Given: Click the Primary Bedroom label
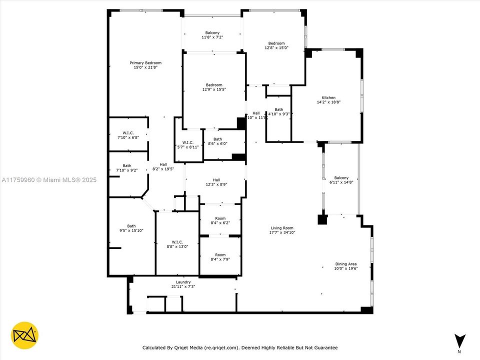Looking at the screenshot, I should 145,63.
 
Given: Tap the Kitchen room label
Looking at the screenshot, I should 328,97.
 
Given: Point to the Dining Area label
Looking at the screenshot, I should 345,264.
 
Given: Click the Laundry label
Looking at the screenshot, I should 183,282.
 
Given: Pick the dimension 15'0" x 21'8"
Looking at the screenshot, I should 145,67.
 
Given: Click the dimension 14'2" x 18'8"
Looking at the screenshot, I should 328,102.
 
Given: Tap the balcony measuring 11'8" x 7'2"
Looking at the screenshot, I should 212,35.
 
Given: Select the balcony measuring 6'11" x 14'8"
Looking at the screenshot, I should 341,180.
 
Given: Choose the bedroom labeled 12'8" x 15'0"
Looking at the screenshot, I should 276,45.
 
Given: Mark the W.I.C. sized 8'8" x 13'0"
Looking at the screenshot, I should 177,243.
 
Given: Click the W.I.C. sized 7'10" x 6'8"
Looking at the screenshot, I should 127,135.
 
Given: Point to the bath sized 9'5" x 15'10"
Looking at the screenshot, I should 131,228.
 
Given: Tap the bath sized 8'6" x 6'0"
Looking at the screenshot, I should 217,141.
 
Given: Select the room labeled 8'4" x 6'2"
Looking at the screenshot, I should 220,220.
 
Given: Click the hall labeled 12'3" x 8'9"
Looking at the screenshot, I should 216,182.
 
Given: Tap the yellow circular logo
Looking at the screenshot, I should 25,335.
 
